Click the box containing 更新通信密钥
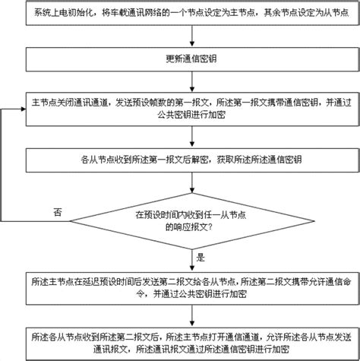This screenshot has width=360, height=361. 192,59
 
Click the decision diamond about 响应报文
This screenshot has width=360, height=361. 192,221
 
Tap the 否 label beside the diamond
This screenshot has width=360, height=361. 58,212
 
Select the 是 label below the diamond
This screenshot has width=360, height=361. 201,258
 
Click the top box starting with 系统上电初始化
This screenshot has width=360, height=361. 192,13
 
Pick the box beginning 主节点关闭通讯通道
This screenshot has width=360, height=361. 192,109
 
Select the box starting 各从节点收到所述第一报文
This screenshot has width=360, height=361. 192,160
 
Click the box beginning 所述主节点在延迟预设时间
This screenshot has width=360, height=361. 192,288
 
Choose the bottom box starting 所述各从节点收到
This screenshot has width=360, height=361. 192,344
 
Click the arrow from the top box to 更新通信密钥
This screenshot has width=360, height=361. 192,36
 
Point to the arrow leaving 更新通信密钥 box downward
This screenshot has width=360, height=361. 192,82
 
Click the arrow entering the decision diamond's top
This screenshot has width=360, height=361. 192,182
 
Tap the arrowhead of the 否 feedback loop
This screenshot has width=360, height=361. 24,109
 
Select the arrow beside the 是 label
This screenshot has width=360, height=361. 192,261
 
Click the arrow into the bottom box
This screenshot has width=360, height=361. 192,316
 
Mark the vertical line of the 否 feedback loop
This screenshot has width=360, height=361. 2,165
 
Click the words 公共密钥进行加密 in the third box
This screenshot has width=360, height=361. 191,116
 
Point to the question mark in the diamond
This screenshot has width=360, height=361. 210,227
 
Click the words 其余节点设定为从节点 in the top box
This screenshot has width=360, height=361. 307,13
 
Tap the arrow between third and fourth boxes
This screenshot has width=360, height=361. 192,137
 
